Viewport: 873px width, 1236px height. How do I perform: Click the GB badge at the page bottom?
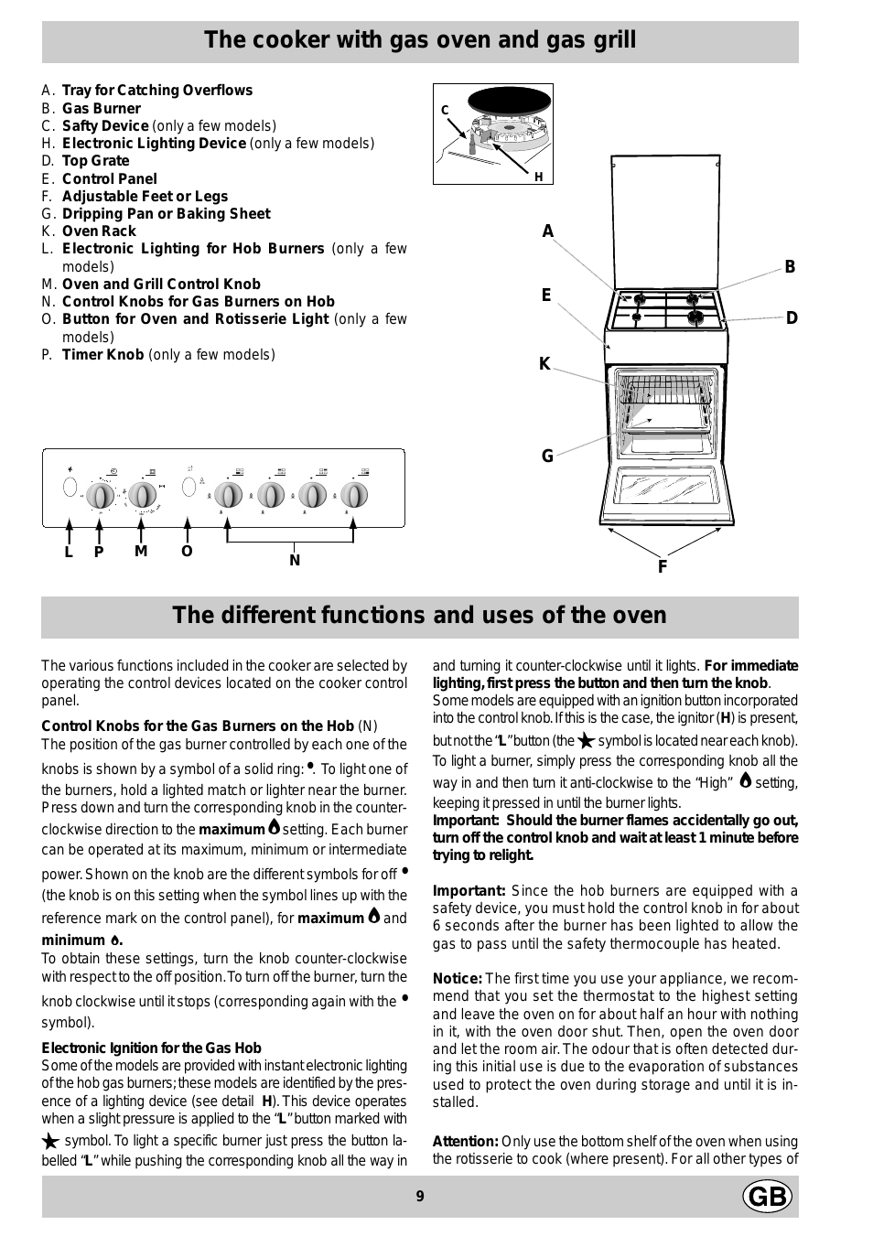tap(767, 1196)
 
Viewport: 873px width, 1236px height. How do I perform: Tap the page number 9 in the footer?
tap(420, 1196)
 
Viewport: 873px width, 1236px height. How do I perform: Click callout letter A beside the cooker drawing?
tap(548, 231)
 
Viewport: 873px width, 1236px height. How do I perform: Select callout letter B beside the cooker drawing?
tap(790, 267)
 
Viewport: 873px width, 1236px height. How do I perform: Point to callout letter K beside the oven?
tap(544, 364)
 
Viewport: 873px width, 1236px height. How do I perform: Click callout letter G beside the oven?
tap(547, 456)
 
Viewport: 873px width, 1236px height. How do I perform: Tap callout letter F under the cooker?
tap(663, 566)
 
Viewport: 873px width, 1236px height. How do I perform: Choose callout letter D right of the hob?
tap(792, 318)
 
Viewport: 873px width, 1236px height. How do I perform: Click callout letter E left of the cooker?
tap(546, 296)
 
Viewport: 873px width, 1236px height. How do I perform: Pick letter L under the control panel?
tap(69, 552)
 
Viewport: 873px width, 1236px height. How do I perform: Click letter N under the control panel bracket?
tap(295, 560)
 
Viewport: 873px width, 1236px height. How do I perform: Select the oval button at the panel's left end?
tap(70, 487)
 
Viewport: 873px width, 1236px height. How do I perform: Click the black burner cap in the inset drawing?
tap(509, 101)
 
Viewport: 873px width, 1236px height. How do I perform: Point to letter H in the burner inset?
tap(539, 177)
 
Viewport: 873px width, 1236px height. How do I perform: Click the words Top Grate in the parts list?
tap(95, 161)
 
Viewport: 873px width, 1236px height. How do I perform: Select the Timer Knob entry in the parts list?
tap(102, 355)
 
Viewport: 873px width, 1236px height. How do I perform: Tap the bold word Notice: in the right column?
tap(457, 979)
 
